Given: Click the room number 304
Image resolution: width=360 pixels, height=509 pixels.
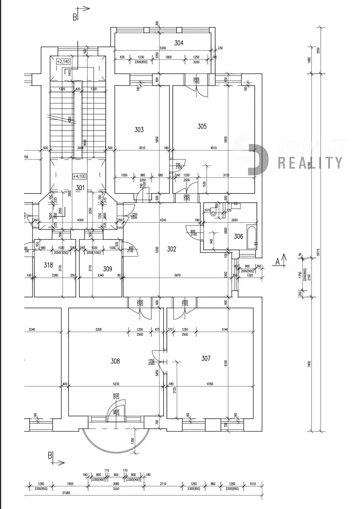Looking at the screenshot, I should point(179,42).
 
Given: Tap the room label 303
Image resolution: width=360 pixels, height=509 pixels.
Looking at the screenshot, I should point(139,130).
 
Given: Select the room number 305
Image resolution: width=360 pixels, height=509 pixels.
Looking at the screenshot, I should point(202,126).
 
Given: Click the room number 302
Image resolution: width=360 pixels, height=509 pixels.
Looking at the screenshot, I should point(172,249).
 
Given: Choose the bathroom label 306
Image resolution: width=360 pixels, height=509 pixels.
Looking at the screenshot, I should point(239,236).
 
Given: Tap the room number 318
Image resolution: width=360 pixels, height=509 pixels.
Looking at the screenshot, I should point(48,266).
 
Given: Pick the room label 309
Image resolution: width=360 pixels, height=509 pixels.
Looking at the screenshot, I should point(107,268).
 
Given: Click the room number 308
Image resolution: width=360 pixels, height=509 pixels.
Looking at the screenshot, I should point(115,361).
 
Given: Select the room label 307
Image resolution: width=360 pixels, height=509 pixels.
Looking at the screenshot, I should point(206,358).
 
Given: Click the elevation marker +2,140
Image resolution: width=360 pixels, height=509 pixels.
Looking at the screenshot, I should point(62,62).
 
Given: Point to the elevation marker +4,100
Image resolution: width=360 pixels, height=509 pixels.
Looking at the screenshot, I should point(79,176).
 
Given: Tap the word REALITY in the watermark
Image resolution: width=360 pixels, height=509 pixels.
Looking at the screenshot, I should point(310,162).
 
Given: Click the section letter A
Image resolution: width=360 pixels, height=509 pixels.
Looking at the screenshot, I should point(278,261).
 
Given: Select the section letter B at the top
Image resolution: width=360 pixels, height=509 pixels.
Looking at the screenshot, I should point(75,17).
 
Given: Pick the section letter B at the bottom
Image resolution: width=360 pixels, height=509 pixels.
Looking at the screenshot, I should point(50,456).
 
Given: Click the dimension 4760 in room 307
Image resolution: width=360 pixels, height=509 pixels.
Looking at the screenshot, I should point(207,385).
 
